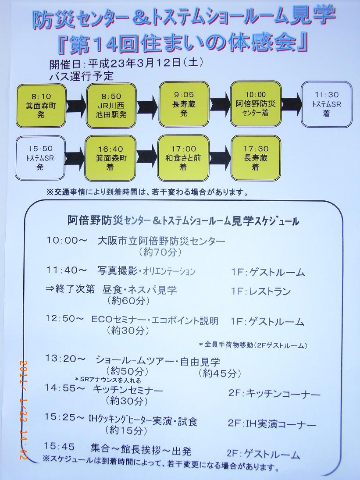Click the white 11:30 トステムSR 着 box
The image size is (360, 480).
326,104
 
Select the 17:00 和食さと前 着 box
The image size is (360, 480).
183,158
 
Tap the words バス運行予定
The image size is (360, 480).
82,76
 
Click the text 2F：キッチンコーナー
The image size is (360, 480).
274,394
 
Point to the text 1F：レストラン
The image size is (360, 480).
261,292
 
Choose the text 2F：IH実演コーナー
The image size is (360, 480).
272,424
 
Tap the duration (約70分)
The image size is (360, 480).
160,252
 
